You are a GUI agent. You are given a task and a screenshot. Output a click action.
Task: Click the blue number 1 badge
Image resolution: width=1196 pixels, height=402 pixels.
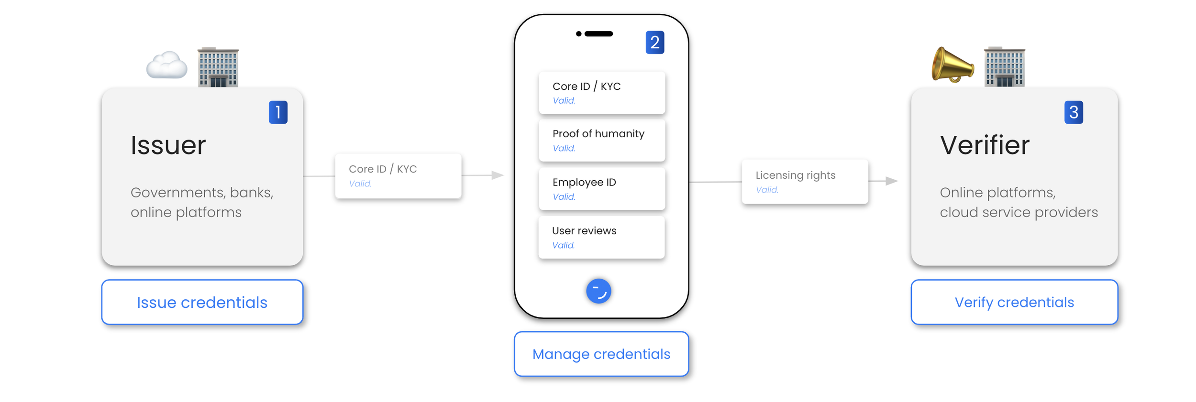pos(278,112)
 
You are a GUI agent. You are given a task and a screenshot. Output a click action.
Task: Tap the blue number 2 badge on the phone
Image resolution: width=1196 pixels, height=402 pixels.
pos(654,43)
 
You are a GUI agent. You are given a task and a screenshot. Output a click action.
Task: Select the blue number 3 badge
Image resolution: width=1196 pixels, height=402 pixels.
pos(1073,112)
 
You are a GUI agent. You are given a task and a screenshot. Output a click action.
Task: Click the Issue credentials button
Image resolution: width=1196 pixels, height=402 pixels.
pos(202,302)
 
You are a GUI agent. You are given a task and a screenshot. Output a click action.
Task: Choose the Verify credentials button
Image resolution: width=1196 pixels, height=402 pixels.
pos(1014,302)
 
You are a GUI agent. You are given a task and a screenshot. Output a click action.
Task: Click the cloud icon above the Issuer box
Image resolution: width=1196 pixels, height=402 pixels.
pos(166,65)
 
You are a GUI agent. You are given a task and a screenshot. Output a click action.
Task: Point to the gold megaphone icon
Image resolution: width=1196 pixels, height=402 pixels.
pos(952,65)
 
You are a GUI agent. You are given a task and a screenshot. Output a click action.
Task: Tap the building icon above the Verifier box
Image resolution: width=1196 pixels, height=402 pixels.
pos(1004,67)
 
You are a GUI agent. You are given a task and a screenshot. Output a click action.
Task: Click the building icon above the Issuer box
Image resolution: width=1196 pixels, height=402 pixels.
pos(218,67)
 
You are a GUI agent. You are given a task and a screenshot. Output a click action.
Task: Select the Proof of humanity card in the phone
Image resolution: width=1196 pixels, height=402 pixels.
pos(601,140)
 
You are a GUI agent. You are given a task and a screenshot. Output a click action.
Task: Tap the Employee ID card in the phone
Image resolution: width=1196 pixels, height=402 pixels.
pos(601,188)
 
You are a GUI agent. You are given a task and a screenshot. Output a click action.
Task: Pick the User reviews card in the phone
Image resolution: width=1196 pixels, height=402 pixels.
pos(601,237)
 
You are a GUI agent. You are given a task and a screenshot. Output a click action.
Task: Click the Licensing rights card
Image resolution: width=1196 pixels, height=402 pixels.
pos(804,182)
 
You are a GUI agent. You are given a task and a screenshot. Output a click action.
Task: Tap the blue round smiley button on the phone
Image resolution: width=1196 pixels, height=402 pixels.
pos(598,291)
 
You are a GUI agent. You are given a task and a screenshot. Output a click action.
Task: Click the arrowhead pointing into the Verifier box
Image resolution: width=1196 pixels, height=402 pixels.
pos(891,181)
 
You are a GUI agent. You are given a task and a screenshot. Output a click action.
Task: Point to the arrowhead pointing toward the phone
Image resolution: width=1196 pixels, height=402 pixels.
pos(498,175)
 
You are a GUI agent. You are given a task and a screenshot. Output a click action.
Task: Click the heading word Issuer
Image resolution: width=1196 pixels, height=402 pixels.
pos(168,145)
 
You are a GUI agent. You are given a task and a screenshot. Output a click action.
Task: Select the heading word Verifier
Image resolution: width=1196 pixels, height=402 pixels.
pos(984,145)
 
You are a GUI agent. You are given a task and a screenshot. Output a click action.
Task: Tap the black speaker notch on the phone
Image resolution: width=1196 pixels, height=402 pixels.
pos(598,34)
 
